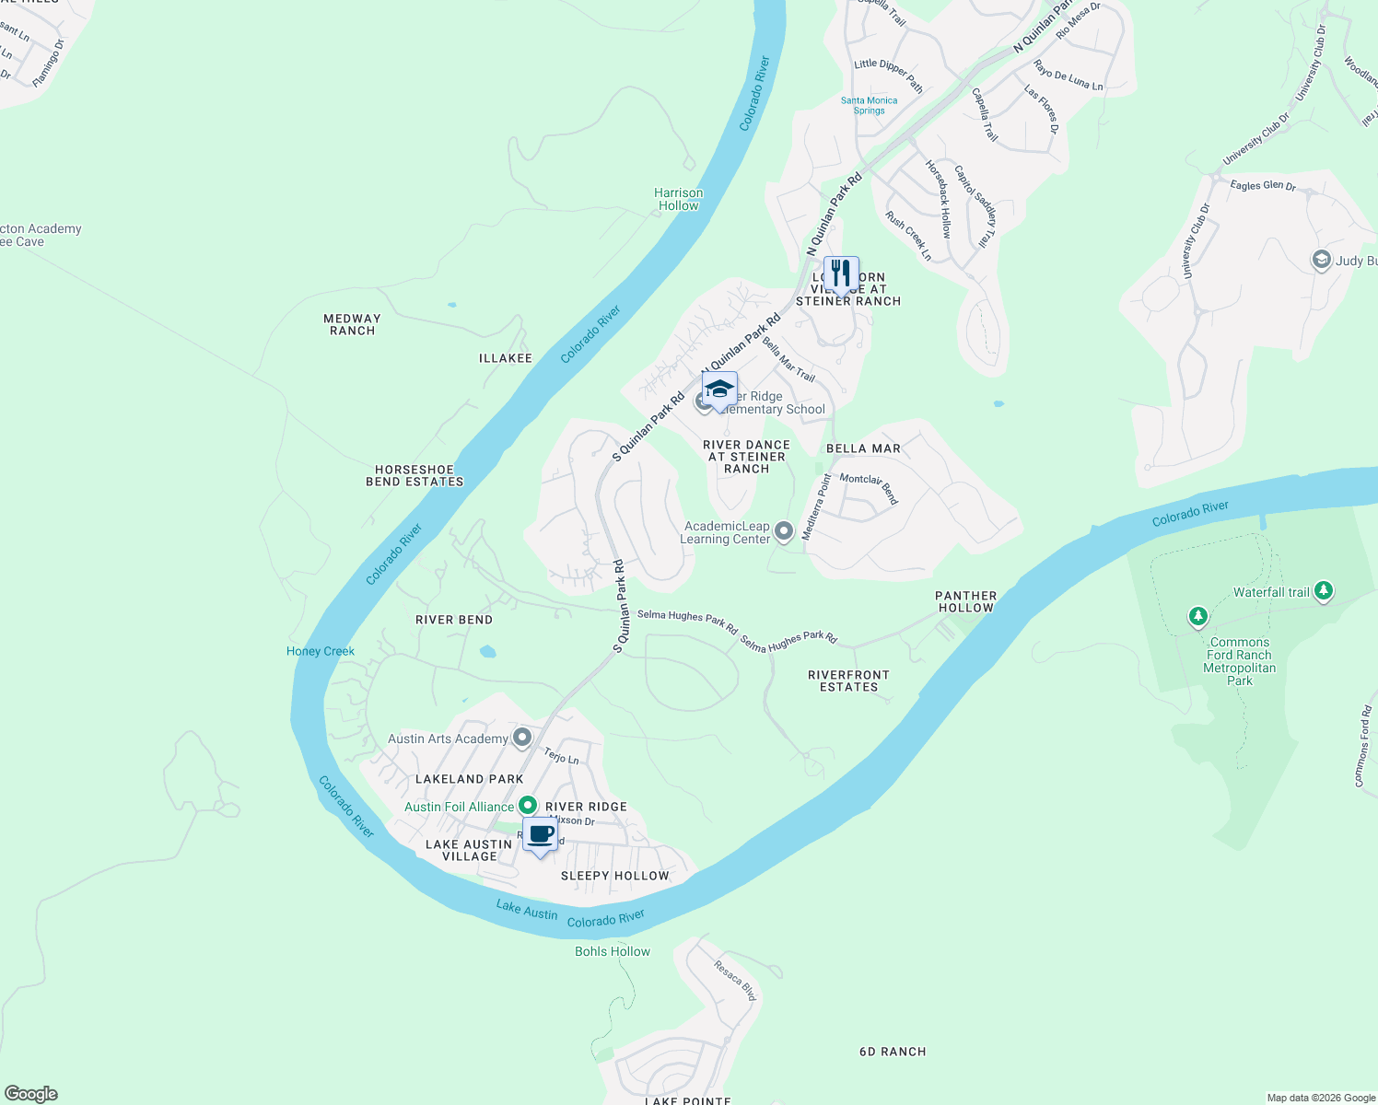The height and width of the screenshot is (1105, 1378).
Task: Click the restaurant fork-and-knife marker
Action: click(x=841, y=274)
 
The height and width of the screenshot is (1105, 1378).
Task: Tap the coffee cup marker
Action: click(x=540, y=835)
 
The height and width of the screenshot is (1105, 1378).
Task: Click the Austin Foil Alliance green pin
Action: click(x=527, y=806)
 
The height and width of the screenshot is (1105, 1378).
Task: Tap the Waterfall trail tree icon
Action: click(x=1324, y=590)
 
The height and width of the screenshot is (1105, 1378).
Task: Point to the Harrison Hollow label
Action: click(x=679, y=199)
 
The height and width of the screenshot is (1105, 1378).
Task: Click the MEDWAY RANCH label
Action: click(x=352, y=324)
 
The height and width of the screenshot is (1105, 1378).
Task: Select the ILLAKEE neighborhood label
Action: click(x=506, y=358)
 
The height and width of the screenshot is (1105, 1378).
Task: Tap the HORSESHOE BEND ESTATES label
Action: click(x=415, y=475)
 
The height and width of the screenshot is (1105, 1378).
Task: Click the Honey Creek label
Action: click(x=321, y=651)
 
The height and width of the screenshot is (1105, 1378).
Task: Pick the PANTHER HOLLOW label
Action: click(x=966, y=601)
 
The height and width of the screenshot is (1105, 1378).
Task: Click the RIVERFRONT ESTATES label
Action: click(x=849, y=680)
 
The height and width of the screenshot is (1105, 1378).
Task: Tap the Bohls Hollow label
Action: click(x=613, y=951)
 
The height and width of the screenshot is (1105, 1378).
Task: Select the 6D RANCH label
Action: click(x=893, y=1052)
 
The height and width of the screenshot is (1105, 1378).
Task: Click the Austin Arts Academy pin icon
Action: click(x=522, y=737)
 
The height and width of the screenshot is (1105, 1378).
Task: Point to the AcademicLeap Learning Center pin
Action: click(x=784, y=530)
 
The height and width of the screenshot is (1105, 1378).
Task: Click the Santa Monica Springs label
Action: click(x=869, y=105)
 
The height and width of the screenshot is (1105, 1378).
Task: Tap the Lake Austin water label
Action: click(x=527, y=910)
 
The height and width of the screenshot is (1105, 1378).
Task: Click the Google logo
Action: click(x=31, y=1094)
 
